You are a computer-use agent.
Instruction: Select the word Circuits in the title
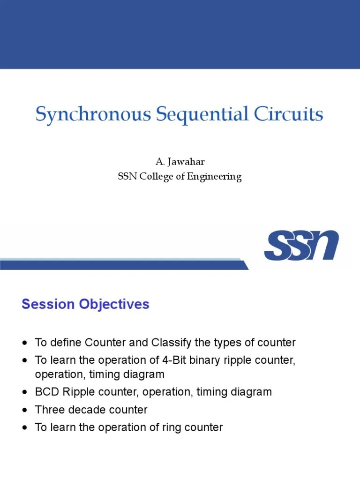pos(288,115)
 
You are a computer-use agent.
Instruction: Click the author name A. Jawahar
pos(180,162)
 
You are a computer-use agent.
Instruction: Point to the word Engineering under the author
pos(215,177)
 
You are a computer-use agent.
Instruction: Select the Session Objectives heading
pos(85,304)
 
